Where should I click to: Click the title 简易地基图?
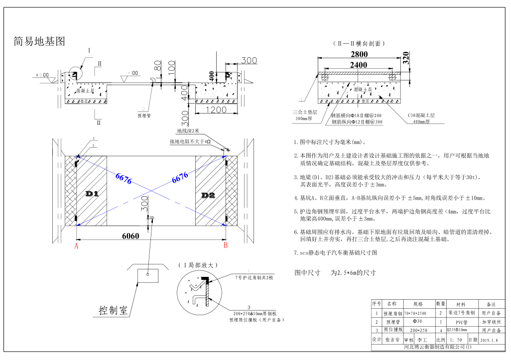pyautogui.click(x=39, y=42)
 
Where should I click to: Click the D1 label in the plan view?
pyautogui.click(x=92, y=194)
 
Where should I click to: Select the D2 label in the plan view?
pyautogui.click(x=208, y=196)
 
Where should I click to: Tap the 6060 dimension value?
pyautogui.click(x=130, y=237)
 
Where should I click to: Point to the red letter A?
pyautogui.click(x=76, y=245)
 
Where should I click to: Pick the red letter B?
pyautogui.click(x=225, y=245)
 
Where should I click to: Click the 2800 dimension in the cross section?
pyautogui.click(x=359, y=54)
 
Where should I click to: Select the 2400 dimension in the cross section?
pyautogui.click(x=359, y=65)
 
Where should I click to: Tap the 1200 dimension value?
pyautogui.click(x=216, y=110)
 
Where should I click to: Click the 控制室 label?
pyautogui.click(x=113, y=311)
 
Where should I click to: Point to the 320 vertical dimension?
pyautogui.click(x=405, y=59)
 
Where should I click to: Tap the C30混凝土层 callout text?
pyautogui.click(x=421, y=115)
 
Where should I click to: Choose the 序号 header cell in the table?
pyautogui.click(x=376, y=303)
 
